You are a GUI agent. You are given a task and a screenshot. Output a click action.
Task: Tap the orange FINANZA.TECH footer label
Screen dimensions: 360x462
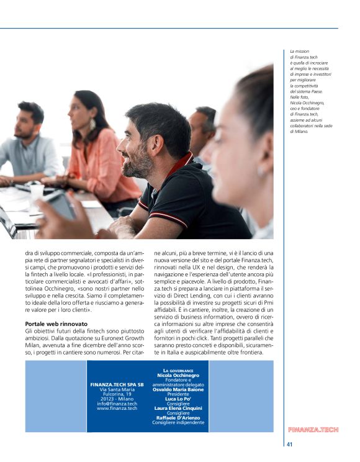[313, 430]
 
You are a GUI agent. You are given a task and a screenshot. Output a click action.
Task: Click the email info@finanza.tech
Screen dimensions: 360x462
[117, 403]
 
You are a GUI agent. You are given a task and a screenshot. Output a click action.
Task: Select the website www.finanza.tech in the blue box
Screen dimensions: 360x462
[117, 408]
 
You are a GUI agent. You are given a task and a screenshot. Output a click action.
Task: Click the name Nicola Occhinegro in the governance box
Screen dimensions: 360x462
[178, 376]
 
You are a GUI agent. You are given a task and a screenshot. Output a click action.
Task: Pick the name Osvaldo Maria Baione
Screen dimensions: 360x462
[178, 389]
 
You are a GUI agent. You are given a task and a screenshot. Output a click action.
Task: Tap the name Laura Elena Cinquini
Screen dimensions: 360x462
[178, 408]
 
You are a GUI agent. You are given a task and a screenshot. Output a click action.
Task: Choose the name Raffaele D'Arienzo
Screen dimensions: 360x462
[178, 417]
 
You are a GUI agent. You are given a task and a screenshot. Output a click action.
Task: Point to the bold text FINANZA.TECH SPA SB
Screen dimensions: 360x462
[117, 384]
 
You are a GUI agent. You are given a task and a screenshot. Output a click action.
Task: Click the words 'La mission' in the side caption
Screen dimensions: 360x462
[299, 51]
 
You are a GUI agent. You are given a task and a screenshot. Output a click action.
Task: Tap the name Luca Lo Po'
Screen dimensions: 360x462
[178, 399]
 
